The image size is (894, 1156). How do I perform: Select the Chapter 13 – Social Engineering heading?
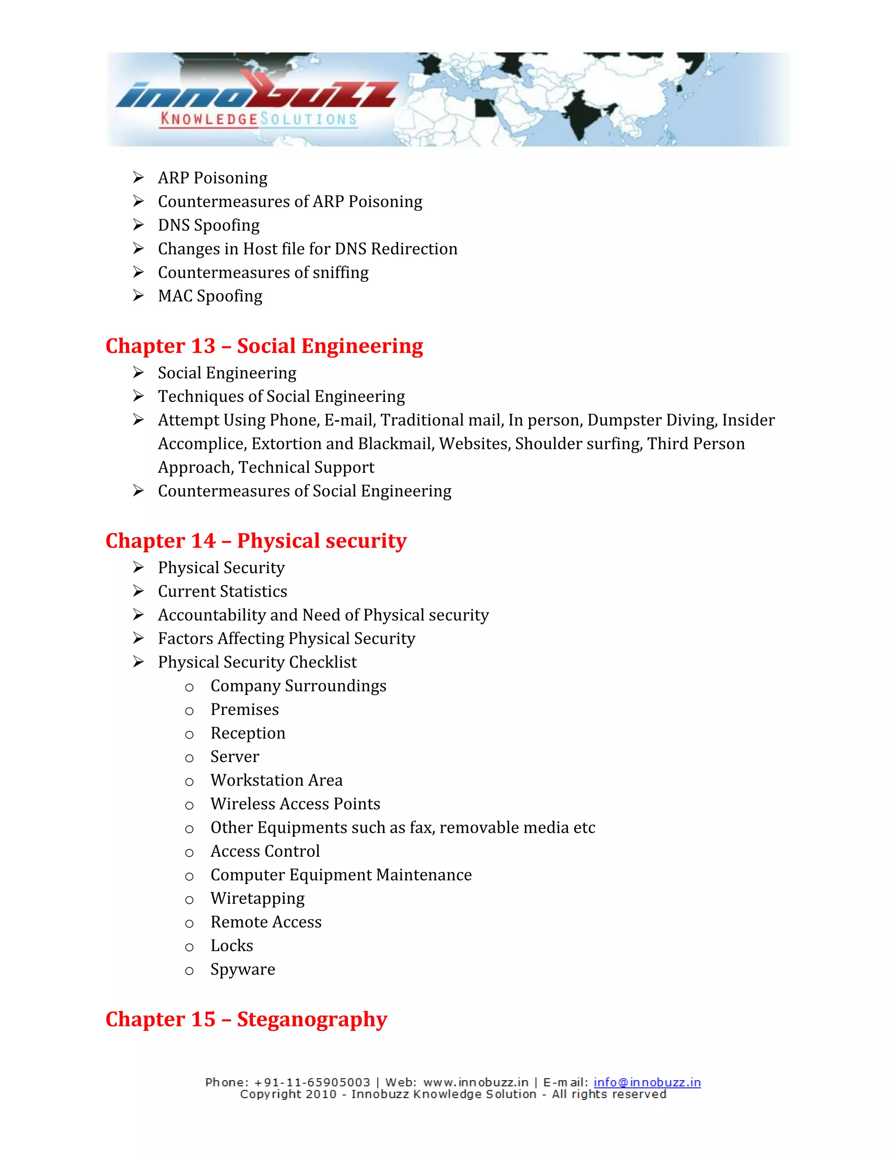(264, 346)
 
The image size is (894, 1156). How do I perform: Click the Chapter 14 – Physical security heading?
(256, 541)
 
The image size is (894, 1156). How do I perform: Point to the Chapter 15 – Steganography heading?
(246, 1019)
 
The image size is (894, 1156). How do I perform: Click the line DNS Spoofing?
(209, 225)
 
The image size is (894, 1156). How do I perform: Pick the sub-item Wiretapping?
(258, 898)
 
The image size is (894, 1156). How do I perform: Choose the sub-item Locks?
(231, 945)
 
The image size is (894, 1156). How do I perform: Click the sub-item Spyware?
(243, 969)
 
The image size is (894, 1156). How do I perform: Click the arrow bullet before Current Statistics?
(138, 591)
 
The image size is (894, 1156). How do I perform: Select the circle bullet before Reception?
(189, 735)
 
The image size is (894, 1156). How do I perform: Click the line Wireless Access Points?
(295, 804)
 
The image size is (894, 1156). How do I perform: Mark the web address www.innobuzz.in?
(476, 1082)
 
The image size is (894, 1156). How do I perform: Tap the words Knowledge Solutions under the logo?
(258, 119)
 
